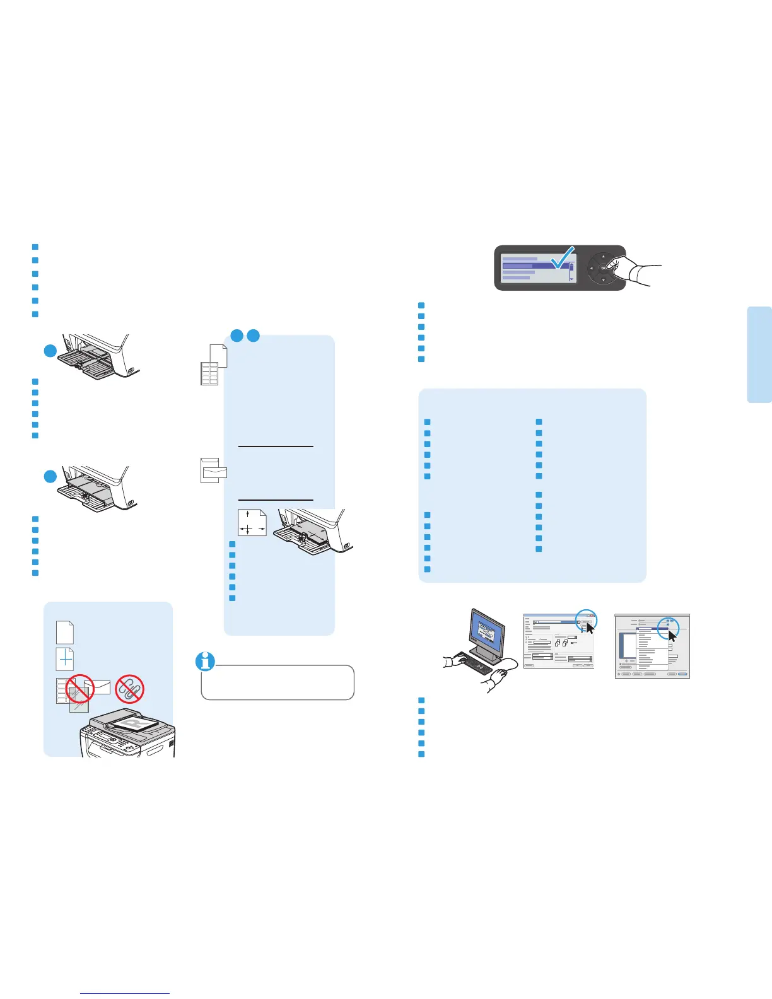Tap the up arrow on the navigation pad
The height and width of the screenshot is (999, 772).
(x=604, y=256)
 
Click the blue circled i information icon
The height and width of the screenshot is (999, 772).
(x=206, y=661)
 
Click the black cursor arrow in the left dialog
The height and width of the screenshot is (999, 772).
(x=590, y=628)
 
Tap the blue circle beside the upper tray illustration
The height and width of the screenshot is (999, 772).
(x=50, y=351)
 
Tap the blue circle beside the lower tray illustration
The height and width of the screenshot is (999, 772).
(x=50, y=477)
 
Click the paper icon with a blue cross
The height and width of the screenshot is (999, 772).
(x=65, y=659)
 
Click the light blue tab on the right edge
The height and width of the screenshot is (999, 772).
(x=759, y=354)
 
